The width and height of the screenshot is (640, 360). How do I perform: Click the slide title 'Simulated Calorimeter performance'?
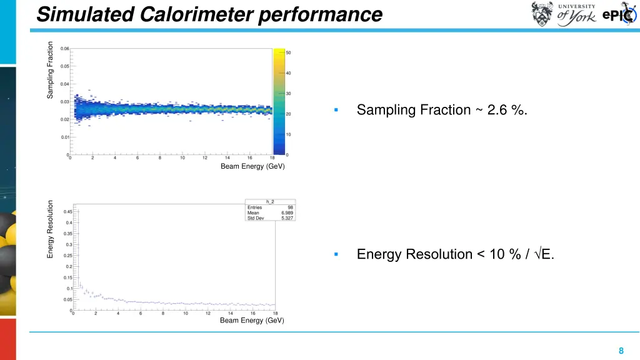[x=209, y=14]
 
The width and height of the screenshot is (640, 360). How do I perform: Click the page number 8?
[x=621, y=351]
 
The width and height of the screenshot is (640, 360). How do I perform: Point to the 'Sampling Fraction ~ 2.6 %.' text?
[x=442, y=110]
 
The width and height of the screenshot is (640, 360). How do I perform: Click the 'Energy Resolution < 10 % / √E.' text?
[x=455, y=254]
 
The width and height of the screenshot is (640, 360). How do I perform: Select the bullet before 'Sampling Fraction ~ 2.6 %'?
[x=336, y=111]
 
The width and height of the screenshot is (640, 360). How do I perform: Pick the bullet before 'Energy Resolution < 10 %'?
[x=336, y=254]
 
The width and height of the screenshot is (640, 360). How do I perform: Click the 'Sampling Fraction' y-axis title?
[x=51, y=69]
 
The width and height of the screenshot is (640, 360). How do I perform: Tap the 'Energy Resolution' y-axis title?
[x=51, y=229]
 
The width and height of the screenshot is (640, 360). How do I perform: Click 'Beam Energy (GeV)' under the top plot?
[x=252, y=166]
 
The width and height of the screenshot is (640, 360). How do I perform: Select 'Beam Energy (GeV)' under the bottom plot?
[x=252, y=321]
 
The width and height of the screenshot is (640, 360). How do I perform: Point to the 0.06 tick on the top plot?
[x=65, y=48]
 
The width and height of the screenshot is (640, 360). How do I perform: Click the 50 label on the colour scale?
[x=288, y=52]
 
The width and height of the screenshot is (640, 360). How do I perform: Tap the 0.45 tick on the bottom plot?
[x=67, y=211]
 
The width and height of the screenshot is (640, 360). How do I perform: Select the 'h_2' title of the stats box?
[x=270, y=201]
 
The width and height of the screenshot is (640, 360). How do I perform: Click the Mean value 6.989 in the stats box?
[x=287, y=212]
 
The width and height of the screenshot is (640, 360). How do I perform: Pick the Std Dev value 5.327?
[x=287, y=218]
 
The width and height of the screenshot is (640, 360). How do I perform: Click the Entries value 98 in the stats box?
[x=290, y=207]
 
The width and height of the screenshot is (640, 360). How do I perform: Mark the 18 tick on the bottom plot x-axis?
[x=275, y=314]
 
